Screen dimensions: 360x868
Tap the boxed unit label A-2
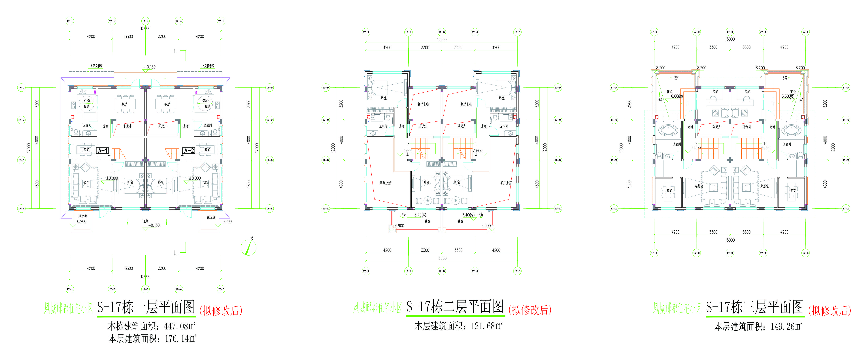(188, 151)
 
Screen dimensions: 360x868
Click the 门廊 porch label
(145, 221)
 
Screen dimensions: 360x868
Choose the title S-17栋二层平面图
(455, 307)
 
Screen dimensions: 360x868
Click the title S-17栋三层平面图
(755, 307)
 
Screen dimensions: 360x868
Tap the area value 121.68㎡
(487, 326)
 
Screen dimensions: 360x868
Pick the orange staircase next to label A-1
(118, 154)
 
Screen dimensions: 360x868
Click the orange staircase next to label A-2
(173, 154)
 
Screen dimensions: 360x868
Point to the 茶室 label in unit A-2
(207, 149)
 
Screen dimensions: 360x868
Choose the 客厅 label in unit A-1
(86, 183)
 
